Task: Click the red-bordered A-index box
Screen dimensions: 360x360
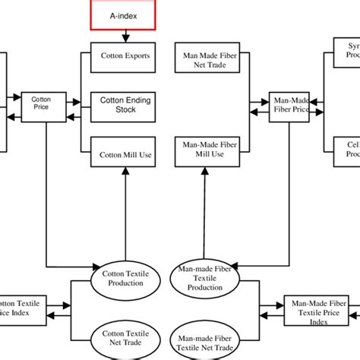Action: (123, 13)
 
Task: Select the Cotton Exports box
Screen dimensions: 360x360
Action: (125, 55)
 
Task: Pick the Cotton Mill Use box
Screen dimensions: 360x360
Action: (125, 154)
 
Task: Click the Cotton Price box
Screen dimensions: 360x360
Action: (40, 103)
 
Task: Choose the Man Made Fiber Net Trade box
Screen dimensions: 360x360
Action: (204, 60)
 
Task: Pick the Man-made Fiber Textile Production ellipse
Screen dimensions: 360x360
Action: (204, 278)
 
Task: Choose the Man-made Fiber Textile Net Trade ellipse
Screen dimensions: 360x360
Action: (204, 337)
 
